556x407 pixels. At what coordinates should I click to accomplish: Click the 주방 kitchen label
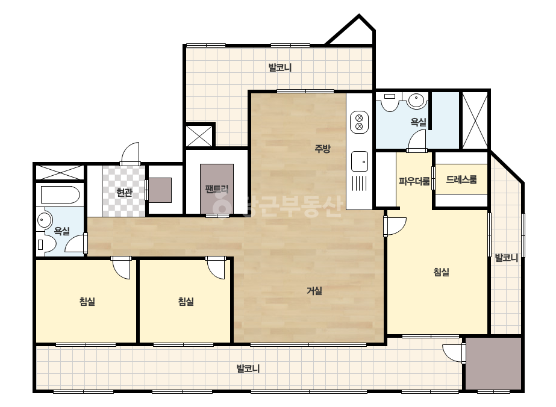click(x=322, y=149)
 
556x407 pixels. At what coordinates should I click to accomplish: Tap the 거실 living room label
click(x=314, y=291)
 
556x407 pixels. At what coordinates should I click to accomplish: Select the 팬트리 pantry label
click(x=217, y=188)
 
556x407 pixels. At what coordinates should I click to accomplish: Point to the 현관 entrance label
click(x=125, y=193)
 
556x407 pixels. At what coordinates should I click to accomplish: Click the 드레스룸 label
click(x=461, y=179)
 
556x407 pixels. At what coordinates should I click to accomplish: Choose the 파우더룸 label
click(x=414, y=181)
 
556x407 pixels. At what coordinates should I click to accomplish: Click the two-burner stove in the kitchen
click(x=359, y=122)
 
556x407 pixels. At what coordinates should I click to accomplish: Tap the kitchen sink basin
click(x=360, y=161)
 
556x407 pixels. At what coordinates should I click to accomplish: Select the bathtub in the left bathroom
click(x=60, y=194)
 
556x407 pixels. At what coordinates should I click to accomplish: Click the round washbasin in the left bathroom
click(x=44, y=220)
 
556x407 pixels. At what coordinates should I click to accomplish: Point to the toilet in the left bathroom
click(x=46, y=244)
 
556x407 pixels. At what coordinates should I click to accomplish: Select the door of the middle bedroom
click(x=216, y=269)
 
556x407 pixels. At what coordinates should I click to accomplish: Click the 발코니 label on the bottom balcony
click(x=248, y=368)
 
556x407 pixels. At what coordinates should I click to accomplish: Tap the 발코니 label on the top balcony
click(x=280, y=67)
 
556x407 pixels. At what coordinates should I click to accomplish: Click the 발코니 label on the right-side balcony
click(x=507, y=258)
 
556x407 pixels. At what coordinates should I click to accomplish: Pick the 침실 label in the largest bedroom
click(x=442, y=272)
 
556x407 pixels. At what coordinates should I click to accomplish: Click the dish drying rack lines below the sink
click(x=360, y=183)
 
